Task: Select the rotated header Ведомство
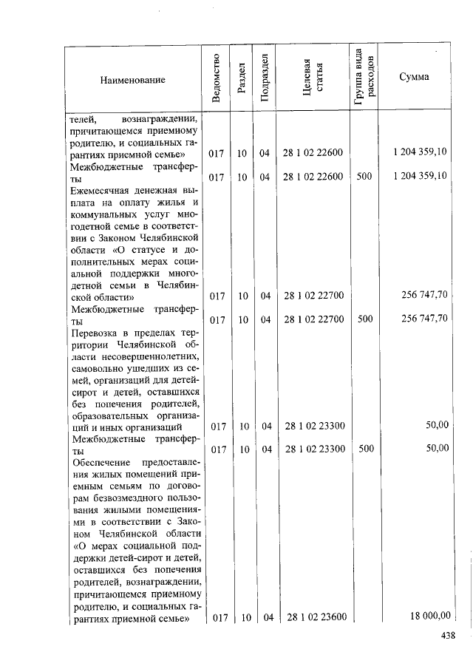click(x=216, y=78)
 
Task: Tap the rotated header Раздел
click(x=241, y=79)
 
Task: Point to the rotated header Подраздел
click(x=264, y=78)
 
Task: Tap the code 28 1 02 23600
click(x=316, y=617)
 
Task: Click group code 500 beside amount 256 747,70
click(x=364, y=319)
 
